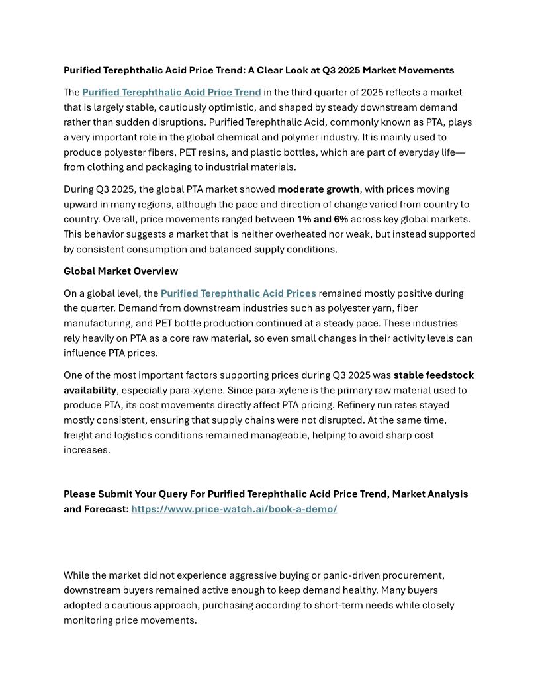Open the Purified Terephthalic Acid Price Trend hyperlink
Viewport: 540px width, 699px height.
[171, 93]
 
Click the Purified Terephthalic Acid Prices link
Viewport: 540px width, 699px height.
[238, 293]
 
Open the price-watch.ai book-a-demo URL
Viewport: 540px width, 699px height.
[234, 509]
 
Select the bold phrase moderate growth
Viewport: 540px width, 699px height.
[318, 189]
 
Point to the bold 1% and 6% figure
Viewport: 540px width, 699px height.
[322, 219]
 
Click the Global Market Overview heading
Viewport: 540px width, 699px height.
[120, 271]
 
